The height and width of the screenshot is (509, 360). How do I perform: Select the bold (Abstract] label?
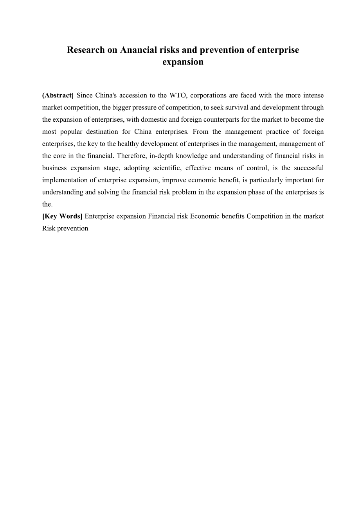click(x=58, y=95)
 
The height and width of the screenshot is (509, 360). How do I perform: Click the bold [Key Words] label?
click(x=62, y=216)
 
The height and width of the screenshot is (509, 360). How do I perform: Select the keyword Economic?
click(x=203, y=216)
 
